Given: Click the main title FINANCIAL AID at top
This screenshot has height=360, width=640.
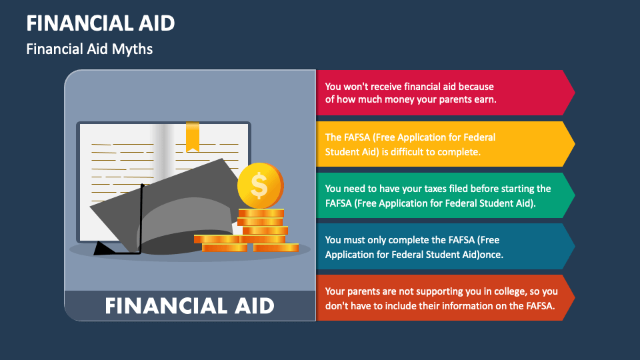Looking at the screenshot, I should coord(101,23).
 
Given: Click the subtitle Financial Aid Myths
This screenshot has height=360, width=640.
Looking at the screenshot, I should coord(89,49).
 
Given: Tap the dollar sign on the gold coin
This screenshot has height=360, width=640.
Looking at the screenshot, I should coord(259,186).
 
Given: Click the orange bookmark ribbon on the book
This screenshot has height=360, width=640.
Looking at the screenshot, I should coord(192,136).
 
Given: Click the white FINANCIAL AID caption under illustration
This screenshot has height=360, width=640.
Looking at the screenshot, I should coord(190,306).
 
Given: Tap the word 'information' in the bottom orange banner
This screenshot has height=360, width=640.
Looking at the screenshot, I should coord(460,307).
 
